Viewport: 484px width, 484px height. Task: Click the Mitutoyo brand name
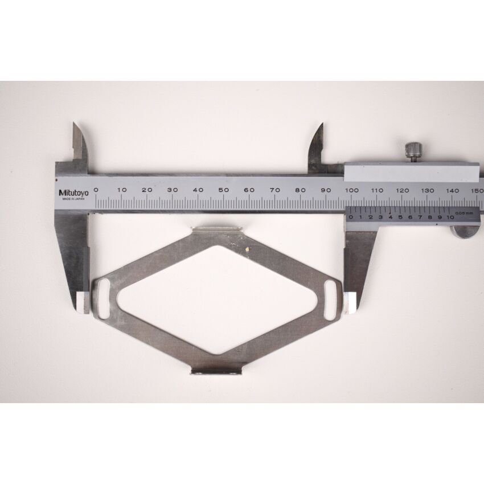click(x=72, y=192)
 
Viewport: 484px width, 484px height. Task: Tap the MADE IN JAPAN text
click(x=72, y=199)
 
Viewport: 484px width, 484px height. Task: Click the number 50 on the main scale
click(x=224, y=190)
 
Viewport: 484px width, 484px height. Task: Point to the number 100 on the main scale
click(x=351, y=190)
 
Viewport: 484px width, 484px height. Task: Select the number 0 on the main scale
click(x=96, y=190)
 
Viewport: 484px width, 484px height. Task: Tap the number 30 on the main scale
click(x=173, y=190)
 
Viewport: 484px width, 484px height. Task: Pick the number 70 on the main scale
click(x=275, y=190)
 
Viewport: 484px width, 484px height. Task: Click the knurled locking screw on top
click(x=413, y=151)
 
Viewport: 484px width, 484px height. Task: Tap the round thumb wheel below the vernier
click(x=463, y=231)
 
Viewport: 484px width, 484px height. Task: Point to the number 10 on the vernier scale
click(x=450, y=217)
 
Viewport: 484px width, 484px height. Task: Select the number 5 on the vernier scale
click(x=400, y=217)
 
